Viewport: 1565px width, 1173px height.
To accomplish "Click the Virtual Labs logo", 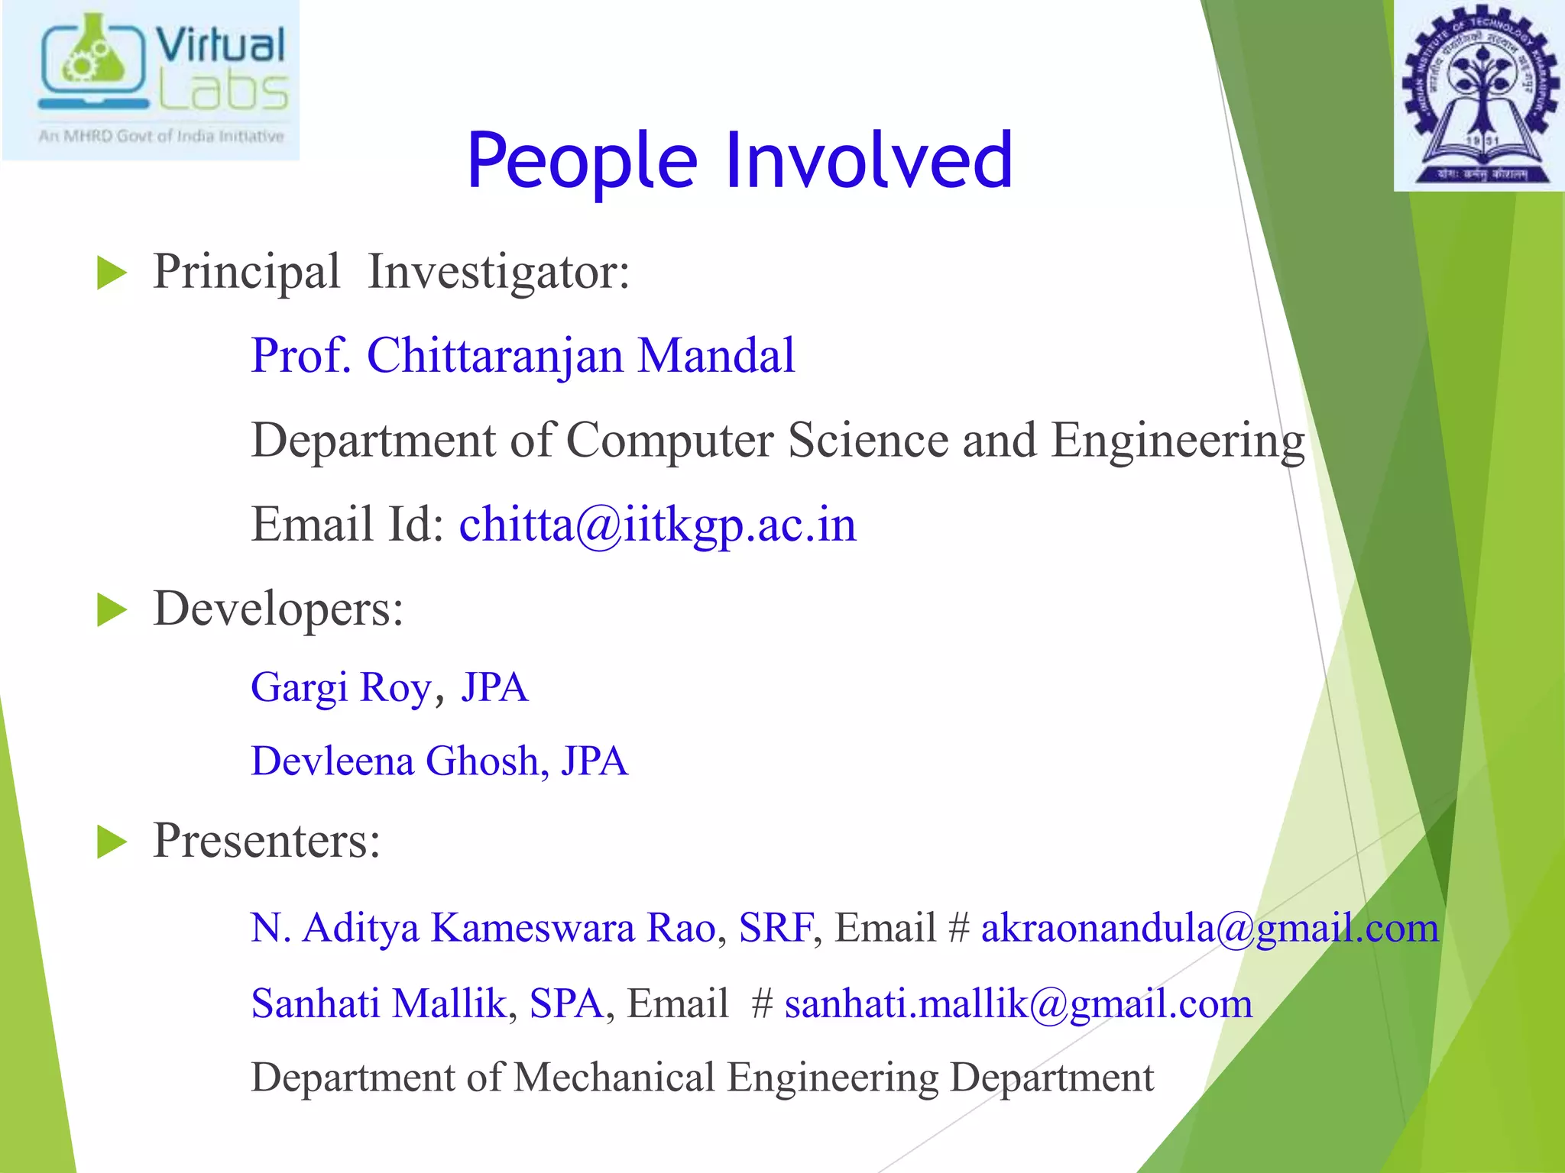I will point(151,80).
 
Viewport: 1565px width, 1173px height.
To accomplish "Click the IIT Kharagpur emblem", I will point(1479,95).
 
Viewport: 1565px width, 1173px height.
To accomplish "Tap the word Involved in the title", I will point(869,160).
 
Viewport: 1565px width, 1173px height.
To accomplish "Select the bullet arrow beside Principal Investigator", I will point(112,273).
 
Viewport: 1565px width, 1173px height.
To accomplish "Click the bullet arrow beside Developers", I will point(112,611).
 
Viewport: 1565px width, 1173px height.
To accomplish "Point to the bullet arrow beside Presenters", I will point(112,842).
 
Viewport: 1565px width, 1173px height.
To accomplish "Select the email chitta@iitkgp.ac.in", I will point(657,525).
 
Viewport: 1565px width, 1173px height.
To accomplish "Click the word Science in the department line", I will point(868,441).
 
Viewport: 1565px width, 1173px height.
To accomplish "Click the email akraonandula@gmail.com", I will point(1209,929).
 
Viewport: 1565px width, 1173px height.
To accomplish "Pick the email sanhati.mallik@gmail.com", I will point(1018,1004).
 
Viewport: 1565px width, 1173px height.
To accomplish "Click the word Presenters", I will point(266,841).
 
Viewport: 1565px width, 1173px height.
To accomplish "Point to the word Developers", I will point(277,609).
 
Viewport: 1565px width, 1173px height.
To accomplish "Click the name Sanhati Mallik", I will point(379,1004).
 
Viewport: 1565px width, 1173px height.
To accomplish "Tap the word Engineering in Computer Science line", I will point(1178,441).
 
